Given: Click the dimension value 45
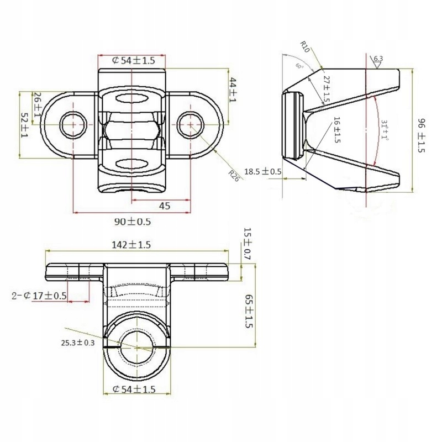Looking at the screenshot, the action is pos(164,206).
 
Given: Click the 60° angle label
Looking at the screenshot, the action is pos(299,66).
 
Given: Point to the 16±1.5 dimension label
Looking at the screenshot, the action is pos(336,131).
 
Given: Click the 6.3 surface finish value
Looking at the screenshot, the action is pos(378,59).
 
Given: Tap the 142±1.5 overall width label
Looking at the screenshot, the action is pos(132,244).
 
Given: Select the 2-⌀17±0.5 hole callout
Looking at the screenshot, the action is pos(39,296).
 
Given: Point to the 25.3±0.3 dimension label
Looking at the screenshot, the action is pos(78,343).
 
